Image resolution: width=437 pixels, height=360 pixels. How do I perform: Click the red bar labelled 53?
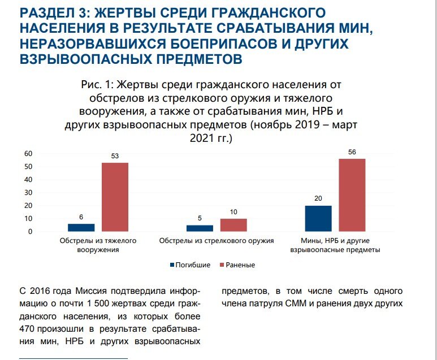pyautogui.click(x=115, y=197)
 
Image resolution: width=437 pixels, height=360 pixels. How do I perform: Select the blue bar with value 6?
pyautogui.click(x=81, y=227)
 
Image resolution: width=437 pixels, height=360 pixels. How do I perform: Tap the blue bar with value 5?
pyautogui.click(x=200, y=228)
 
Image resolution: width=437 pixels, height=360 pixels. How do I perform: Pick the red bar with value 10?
pyautogui.click(x=233, y=225)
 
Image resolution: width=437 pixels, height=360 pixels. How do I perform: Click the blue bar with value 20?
pyautogui.click(x=318, y=219)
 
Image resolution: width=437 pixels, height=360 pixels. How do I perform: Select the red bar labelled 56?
pyautogui.click(x=352, y=195)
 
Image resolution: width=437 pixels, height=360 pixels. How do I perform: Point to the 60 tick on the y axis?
pyautogui.click(x=28, y=154)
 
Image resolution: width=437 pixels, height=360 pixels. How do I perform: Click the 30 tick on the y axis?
pyautogui.click(x=28, y=193)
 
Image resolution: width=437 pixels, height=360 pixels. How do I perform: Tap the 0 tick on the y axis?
pyautogui.click(x=29, y=232)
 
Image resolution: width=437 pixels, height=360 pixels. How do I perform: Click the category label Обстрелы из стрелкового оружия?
pyautogui.click(x=217, y=241)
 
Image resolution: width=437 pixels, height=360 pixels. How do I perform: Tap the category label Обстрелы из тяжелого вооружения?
pyautogui.click(x=98, y=245)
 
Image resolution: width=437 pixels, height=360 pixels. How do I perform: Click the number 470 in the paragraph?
pyautogui.click(x=27, y=329)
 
